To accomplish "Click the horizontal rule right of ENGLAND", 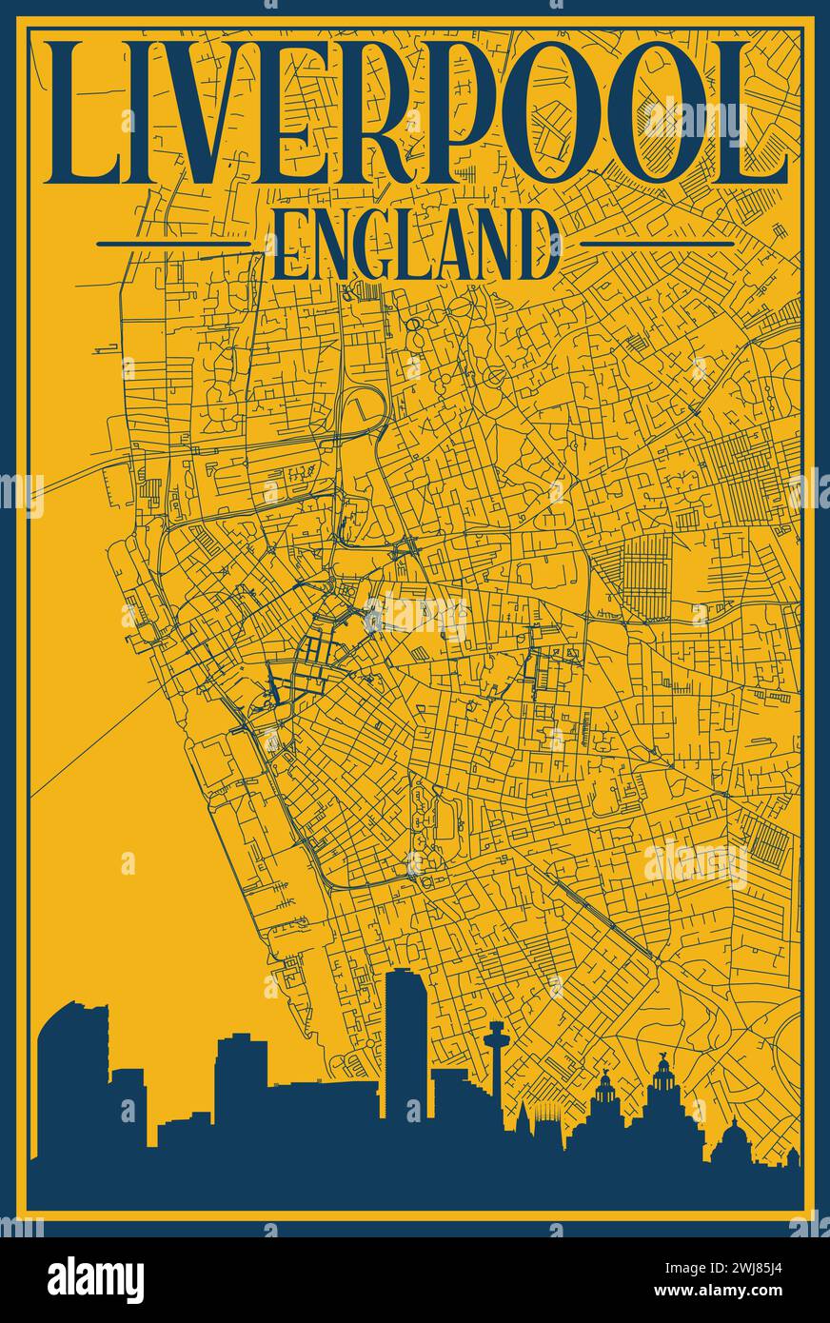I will (657, 245).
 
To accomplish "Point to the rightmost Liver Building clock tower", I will (662, 1095).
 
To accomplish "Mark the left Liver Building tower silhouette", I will (605, 1104).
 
